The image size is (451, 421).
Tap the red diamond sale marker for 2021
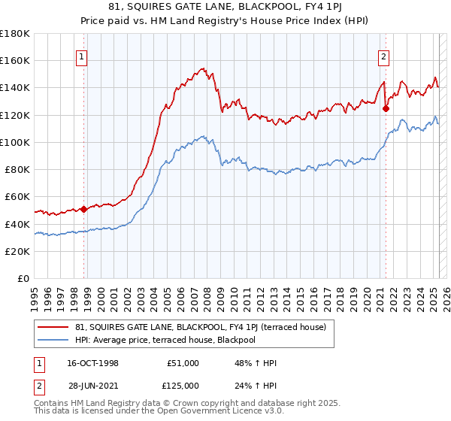(386, 108)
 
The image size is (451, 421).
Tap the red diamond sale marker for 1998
(83, 208)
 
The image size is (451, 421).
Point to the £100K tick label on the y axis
(16, 142)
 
